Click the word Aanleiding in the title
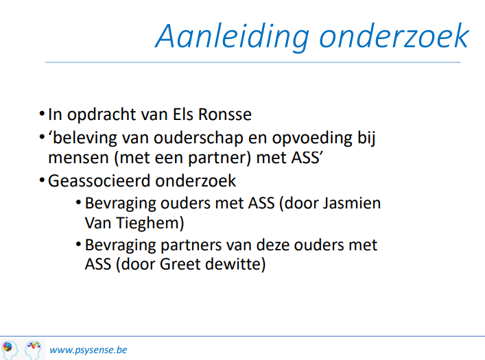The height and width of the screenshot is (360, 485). (233, 37)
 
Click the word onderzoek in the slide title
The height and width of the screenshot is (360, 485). (394, 36)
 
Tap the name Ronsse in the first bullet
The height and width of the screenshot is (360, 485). (225, 114)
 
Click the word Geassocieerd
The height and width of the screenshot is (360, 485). (99, 181)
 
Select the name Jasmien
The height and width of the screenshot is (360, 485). (352, 203)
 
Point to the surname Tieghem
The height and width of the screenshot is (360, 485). (150, 223)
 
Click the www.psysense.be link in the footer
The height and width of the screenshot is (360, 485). (88, 350)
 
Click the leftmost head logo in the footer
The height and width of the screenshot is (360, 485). (9, 350)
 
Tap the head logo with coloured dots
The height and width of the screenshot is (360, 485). (33, 350)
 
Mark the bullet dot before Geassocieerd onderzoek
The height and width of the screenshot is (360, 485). (43, 180)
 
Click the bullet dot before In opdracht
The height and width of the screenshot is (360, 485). (43, 114)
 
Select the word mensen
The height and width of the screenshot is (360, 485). (79, 158)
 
